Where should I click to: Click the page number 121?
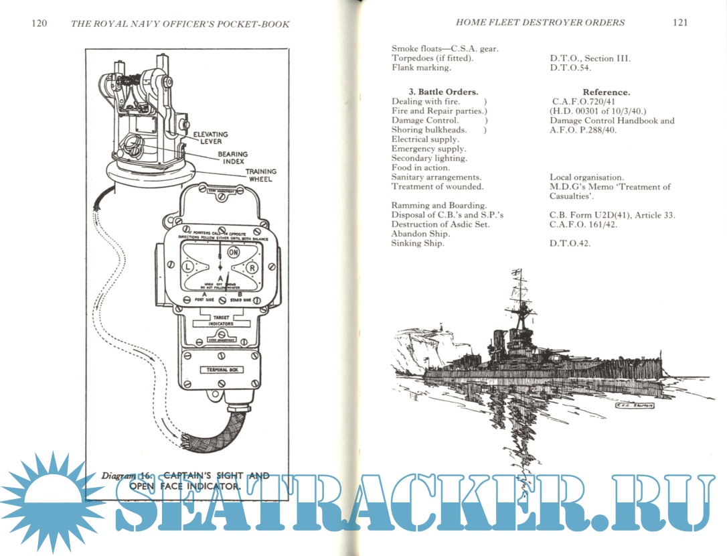point(680,22)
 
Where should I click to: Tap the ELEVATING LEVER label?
point(210,138)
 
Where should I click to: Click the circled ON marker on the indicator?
point(234,253)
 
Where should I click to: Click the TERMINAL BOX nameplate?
point(222,369)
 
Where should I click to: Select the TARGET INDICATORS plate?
point(221,320)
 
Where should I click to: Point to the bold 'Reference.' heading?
point(606,92)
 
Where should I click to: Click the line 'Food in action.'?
point(420,167)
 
